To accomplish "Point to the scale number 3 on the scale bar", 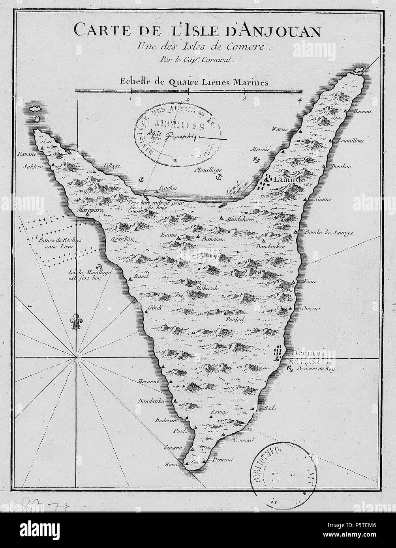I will pos(244,99).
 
